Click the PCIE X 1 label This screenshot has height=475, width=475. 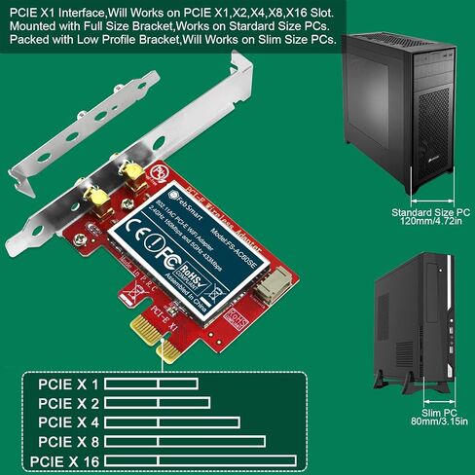pos(69,384)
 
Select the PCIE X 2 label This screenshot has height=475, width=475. pos(69,403)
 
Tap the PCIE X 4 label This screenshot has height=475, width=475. pos(69,422)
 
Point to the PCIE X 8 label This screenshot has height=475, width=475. pos(69,441)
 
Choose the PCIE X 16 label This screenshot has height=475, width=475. pos(65,460)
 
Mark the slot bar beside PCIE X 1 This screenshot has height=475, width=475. pos(151,384)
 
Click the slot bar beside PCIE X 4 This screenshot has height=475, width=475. pos(171,422)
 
